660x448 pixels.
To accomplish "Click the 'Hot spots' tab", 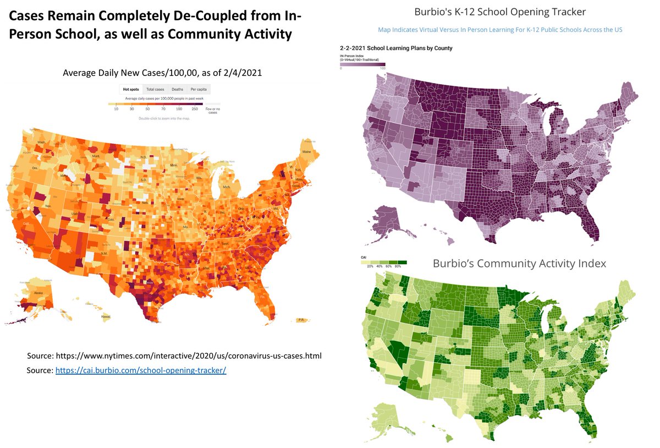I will coord(131,89).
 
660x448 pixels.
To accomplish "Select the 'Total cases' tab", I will coord(155,89).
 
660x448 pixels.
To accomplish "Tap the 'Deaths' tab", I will coord(177,89).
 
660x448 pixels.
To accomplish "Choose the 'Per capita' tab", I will coord(199,89).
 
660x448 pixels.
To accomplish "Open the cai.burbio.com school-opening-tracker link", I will coord(141,370).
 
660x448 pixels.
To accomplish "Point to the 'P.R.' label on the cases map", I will coord(301,320).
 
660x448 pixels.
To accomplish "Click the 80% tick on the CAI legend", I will coord(398,266).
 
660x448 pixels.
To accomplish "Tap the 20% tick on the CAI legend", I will coord(370,266).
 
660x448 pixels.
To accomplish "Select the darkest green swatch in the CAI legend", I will coord(402,262).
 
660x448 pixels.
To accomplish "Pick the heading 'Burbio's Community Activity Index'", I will coord(519,264).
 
